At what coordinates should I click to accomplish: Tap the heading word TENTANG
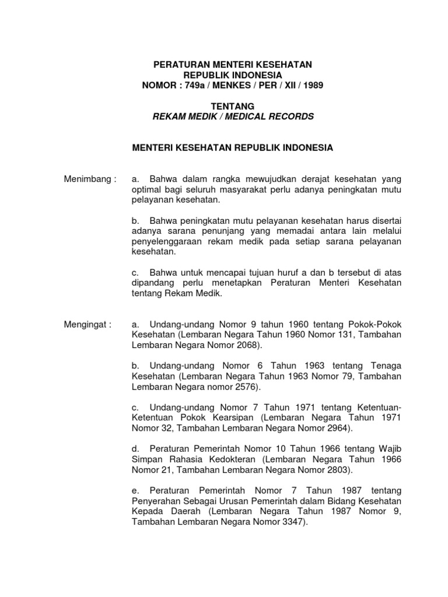pyautogui.click(x=233, y=106)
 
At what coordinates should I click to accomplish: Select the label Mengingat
pyautogui.click(x=87, y=324)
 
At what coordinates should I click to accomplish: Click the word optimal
pyautogui.click(x=147, y=189)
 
